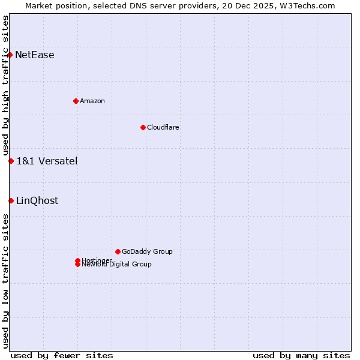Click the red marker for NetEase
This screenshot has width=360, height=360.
10,55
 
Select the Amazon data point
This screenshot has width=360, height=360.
76,101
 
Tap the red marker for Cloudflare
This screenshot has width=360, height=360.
143,127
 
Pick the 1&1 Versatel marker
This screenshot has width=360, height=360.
11,161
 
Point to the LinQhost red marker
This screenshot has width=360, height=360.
11,200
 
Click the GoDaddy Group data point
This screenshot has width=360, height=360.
118,251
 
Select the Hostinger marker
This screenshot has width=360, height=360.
77,260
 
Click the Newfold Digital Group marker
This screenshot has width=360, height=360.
77,265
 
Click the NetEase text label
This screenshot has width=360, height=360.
35,55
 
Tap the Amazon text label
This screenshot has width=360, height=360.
92,101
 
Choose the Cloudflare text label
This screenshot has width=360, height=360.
163,127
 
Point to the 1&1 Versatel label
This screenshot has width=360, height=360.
47,161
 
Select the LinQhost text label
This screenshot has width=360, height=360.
37,200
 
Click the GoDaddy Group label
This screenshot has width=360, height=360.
147,251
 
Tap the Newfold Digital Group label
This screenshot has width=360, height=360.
117,265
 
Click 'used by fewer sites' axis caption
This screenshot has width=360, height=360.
62,355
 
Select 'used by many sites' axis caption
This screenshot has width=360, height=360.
301,355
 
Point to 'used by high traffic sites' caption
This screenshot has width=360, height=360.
6,85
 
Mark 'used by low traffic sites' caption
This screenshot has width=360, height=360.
6,281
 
